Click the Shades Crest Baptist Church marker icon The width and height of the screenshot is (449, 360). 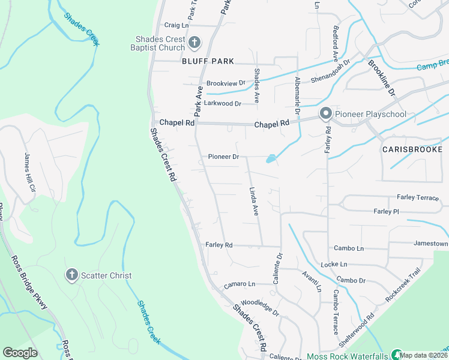(x=194, y=43)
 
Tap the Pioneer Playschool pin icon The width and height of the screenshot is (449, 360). (x=326, y=113)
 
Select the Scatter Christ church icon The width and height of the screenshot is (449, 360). (x=71, y=275)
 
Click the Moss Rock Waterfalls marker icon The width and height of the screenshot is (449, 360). (x=396, y=355)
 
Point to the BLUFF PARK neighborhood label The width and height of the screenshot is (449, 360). (x=208, y=61)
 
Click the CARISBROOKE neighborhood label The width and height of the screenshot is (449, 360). (x=415, y=149)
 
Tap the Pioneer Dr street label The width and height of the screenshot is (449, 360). (x=223, y=157)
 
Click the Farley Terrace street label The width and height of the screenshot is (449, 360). (x=418, y=197)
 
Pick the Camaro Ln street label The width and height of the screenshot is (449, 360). (x=240, y=284)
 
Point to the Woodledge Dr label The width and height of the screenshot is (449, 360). (x=260, y=308)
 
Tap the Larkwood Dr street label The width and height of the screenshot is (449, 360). (x=222, y=103)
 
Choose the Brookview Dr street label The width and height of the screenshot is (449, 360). (x=226, y=83)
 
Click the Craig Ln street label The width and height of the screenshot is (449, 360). (x=176, y=26)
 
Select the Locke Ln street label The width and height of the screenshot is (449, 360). (x=334, y=264)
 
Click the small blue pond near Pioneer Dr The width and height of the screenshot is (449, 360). (x=271, y=159)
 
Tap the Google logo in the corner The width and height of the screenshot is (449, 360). (x=20, y=353)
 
